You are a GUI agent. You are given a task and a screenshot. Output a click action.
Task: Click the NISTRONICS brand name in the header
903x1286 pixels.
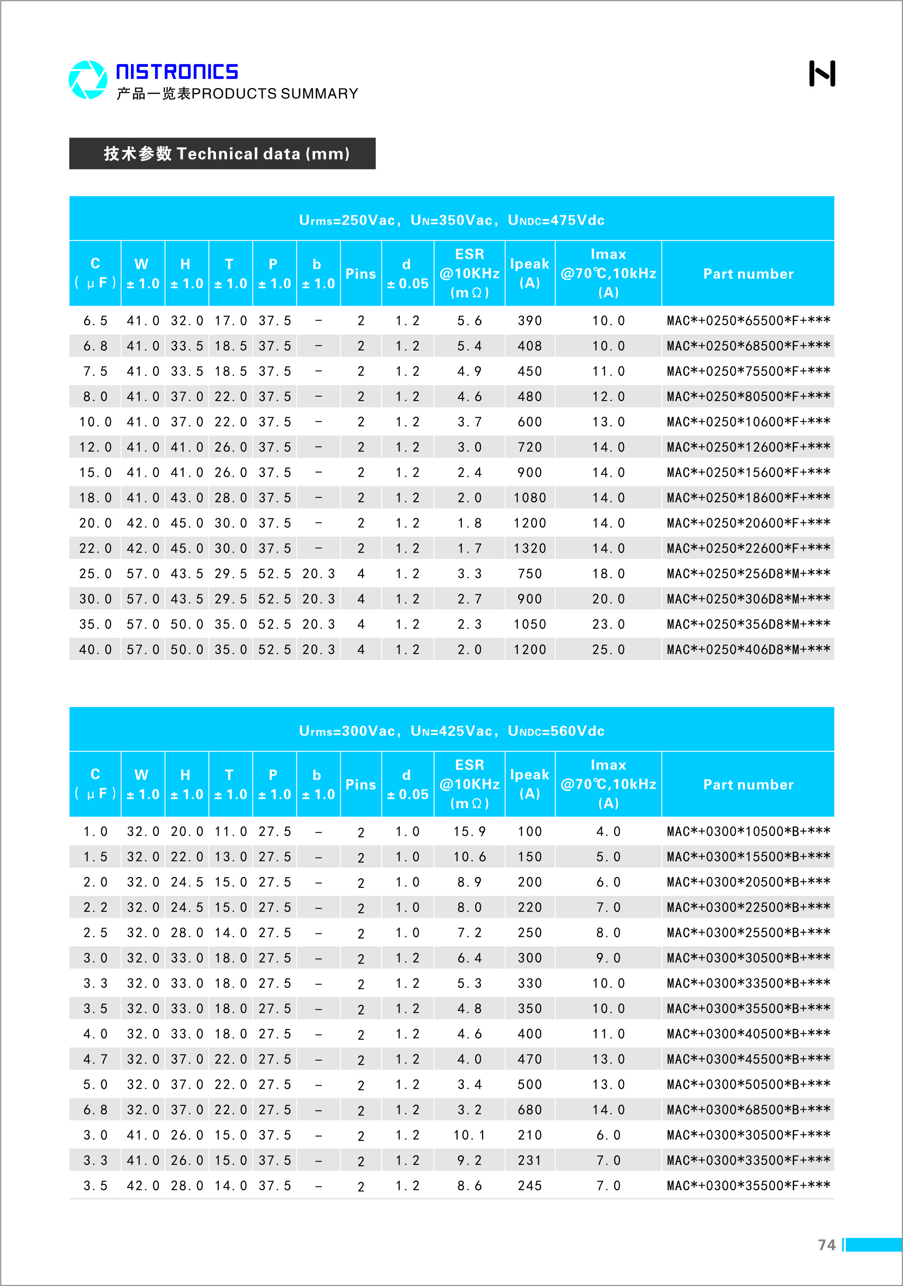(x=177, y=72)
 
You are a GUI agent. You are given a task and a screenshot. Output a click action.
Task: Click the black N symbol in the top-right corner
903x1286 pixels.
(x=822, y=73)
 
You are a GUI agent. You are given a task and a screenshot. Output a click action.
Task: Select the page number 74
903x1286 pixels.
(x=826, y=1244)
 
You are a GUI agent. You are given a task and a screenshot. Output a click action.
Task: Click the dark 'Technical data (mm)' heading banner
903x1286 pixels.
(x=223, y=153)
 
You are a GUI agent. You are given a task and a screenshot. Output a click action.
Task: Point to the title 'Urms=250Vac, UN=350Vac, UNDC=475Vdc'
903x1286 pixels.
(x=451, y=220)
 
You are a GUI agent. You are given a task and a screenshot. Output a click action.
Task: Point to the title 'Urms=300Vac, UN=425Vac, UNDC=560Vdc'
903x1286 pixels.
(x=451, y=731)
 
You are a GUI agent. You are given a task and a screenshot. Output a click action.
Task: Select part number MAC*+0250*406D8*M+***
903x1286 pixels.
(x=748, y=650)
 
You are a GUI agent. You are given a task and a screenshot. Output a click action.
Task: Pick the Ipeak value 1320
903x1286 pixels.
(x=529, y=549)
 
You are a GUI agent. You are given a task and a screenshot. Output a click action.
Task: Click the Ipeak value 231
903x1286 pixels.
(x=529, y=1160)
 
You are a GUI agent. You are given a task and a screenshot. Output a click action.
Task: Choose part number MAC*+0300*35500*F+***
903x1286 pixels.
(x=748, y=1186)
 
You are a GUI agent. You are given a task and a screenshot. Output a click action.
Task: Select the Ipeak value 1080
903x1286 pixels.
(x=529, y=498)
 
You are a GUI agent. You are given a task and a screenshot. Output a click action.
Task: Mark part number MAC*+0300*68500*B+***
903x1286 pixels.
(x=748, y=1110)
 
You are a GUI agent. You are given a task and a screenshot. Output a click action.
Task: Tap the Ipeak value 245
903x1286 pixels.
(x=529, y=1186)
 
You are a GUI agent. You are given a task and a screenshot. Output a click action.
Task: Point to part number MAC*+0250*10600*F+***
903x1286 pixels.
(x=748, y=422)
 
